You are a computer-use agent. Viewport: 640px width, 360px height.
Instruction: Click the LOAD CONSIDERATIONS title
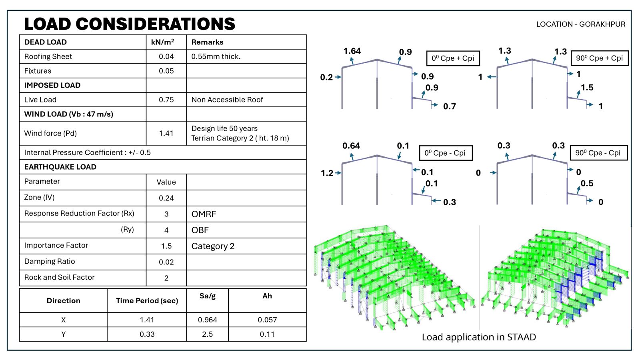[x=130, y=24]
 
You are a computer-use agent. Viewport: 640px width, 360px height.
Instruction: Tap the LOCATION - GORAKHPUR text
[x=580, y=24]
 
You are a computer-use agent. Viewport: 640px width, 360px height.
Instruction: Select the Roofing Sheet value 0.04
[x=166, y=56]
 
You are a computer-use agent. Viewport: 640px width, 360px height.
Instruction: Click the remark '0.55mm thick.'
[x=216, y=56]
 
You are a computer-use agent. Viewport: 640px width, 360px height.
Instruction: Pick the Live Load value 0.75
[x=166, y=100]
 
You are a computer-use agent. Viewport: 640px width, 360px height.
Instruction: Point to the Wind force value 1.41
[x=166, y=133]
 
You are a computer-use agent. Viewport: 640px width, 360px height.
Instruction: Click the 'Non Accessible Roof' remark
[x=227, y=100]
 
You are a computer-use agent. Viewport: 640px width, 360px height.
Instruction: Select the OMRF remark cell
[x=204, y=214]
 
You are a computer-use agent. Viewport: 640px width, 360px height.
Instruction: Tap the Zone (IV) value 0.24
[x=166, y=198]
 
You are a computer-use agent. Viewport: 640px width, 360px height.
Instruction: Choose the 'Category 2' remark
[x=213, y=246]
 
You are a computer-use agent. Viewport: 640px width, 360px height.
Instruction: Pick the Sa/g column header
[x=207, y=296]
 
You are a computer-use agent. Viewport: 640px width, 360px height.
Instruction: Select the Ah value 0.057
[x=267, y=320]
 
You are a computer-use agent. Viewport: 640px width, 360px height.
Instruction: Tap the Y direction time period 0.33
[x=147, y=334]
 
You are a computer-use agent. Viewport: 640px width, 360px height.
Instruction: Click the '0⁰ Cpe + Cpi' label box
[x=452, y=58]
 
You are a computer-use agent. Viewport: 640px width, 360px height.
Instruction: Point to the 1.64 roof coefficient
[x=352, y=51]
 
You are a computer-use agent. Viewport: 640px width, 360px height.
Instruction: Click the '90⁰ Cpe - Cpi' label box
[x=598, y=153]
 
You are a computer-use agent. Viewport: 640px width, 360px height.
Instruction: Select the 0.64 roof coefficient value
[x=351, y=146]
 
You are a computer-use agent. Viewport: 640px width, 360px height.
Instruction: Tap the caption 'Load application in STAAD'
[x=478, y=337]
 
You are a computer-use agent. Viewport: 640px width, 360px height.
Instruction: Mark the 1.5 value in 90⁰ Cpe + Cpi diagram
[x=587, y=88]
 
